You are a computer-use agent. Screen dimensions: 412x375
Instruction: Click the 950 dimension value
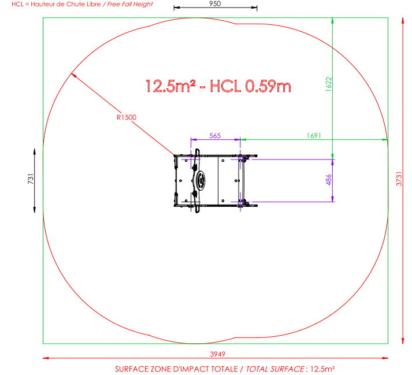point(215,3)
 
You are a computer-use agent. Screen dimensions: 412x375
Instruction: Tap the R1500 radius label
point(127,117)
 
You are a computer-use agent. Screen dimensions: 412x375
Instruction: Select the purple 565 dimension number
point(215,136)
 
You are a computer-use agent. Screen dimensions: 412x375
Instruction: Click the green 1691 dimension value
point(314,136)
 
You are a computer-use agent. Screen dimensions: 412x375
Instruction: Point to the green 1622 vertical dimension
point(328,84)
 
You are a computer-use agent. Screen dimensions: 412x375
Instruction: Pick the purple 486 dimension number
point(328,180)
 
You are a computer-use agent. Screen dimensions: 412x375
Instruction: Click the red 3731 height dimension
point(399,179)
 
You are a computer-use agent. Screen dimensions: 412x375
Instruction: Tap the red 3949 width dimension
point(218,354)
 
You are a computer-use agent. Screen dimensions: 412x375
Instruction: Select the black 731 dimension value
point(31,179)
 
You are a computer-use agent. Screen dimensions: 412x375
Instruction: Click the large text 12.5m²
point(170,86)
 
